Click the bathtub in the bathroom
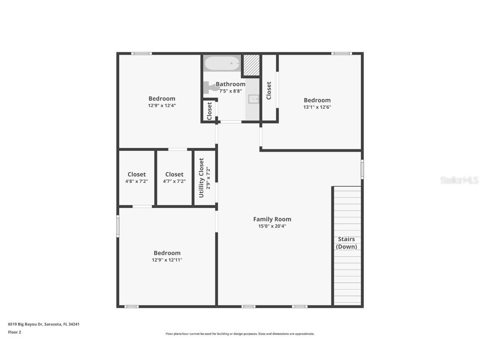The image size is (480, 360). (x=222, y=64)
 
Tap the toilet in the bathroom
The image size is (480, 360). (x=211, y=87)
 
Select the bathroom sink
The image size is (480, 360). (x=253, y=99)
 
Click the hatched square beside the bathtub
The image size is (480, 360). (x=251, y=65)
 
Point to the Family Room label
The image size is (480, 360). (x=272, y=219)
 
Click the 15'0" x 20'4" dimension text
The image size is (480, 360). (x=272, y=226)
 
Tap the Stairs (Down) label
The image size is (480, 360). (x=346, y=242)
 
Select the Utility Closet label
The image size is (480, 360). (x=202, y=178)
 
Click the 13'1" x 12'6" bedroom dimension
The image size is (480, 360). (x=317, y=107)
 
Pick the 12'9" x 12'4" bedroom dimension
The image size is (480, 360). (x=162, y=105)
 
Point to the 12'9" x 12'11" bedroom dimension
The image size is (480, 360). (x=167, y=260)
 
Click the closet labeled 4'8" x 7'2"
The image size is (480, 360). (x=137, y=177)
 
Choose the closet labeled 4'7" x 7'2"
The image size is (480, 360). (x=174, y=177)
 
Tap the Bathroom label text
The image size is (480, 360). (x=230, y=84)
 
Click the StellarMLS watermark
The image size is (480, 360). (x=459, y=180)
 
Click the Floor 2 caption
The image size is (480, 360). (x=14, y=332)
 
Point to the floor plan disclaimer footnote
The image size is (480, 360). (x=240, y=334)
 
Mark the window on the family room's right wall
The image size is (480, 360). (x=362, y=169)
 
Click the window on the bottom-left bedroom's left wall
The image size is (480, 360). (x=118, y=226)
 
